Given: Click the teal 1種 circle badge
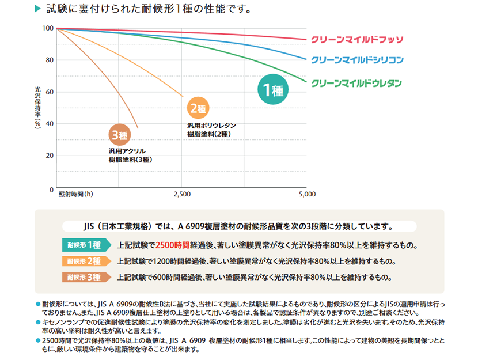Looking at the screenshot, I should (x=272, y=90).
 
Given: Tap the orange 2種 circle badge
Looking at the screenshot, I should (x=198, y=108).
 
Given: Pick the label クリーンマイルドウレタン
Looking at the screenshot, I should (x=356, y=84).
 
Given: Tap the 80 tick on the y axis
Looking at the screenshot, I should (x=50, y=60).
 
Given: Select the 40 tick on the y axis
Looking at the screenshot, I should (x=50, y=124).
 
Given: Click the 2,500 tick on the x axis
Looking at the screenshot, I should (x=181, y=195).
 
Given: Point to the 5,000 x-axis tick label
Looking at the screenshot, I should (x=307, y=195).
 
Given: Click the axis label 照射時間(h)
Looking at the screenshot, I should (x=75, y=195).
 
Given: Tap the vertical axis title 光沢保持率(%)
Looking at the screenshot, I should (x=38, y=109).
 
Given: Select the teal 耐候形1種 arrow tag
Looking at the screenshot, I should (x=85, y=245).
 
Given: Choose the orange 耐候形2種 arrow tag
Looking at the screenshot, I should (x=85, y=261).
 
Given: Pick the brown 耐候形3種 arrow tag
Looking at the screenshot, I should (x=85, y=277).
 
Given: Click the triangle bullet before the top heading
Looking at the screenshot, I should (x=37, y=9).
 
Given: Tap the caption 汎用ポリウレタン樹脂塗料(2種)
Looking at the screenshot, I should (x=211, y=130).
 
